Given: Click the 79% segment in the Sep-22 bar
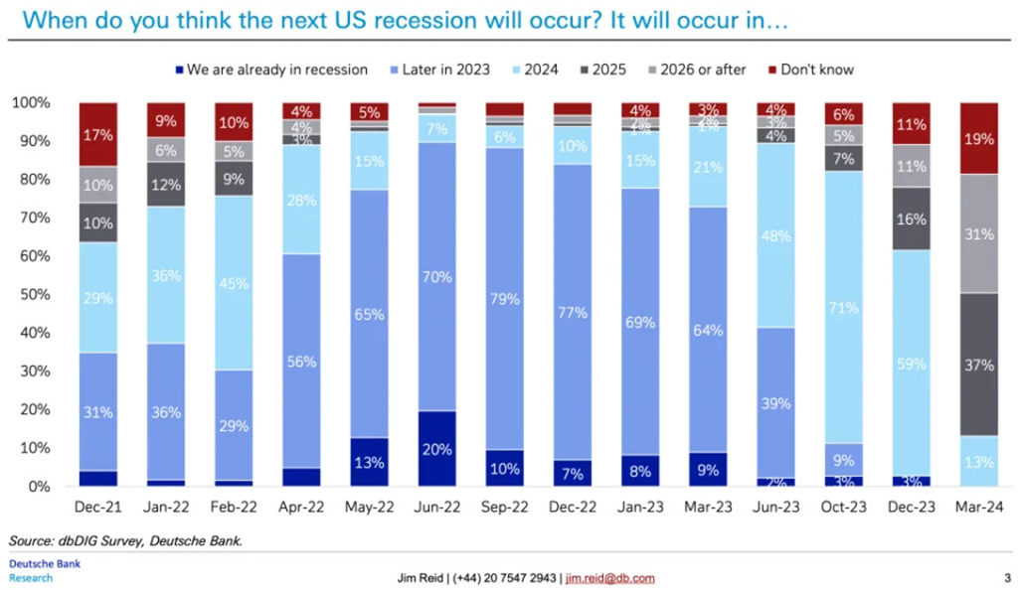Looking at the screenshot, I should [505, 298].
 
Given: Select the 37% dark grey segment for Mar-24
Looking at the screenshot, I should [980, 365].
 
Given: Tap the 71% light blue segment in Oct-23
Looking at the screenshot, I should [844, 308].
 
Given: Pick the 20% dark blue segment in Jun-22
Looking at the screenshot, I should [436, 448].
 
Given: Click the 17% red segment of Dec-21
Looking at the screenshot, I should [97, 134].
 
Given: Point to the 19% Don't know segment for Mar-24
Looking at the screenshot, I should [980, 139].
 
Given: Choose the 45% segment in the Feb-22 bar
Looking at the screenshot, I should [233, 284].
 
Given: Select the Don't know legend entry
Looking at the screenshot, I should [816, 70].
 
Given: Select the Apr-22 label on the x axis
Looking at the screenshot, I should [301, 508].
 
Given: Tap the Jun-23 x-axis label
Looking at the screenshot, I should [775, 508].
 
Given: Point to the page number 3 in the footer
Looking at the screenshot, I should [1006, 577].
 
